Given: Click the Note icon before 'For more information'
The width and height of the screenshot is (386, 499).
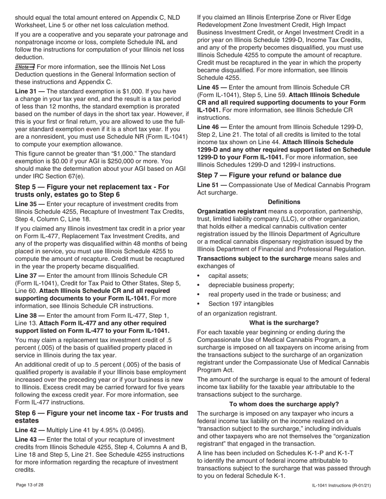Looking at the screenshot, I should coord(25,67).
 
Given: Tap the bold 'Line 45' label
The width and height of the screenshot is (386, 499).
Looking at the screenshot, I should coord(209,87).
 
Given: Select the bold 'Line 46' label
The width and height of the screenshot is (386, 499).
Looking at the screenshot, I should coord(209,127).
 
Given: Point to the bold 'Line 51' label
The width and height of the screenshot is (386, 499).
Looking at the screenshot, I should coord(209,185).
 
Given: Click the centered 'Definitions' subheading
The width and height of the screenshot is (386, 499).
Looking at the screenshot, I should coord(284,202).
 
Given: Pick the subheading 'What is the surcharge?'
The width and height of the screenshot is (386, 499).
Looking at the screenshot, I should coord(284,323).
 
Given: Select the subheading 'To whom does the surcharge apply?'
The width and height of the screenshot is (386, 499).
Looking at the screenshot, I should coord(284,404).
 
